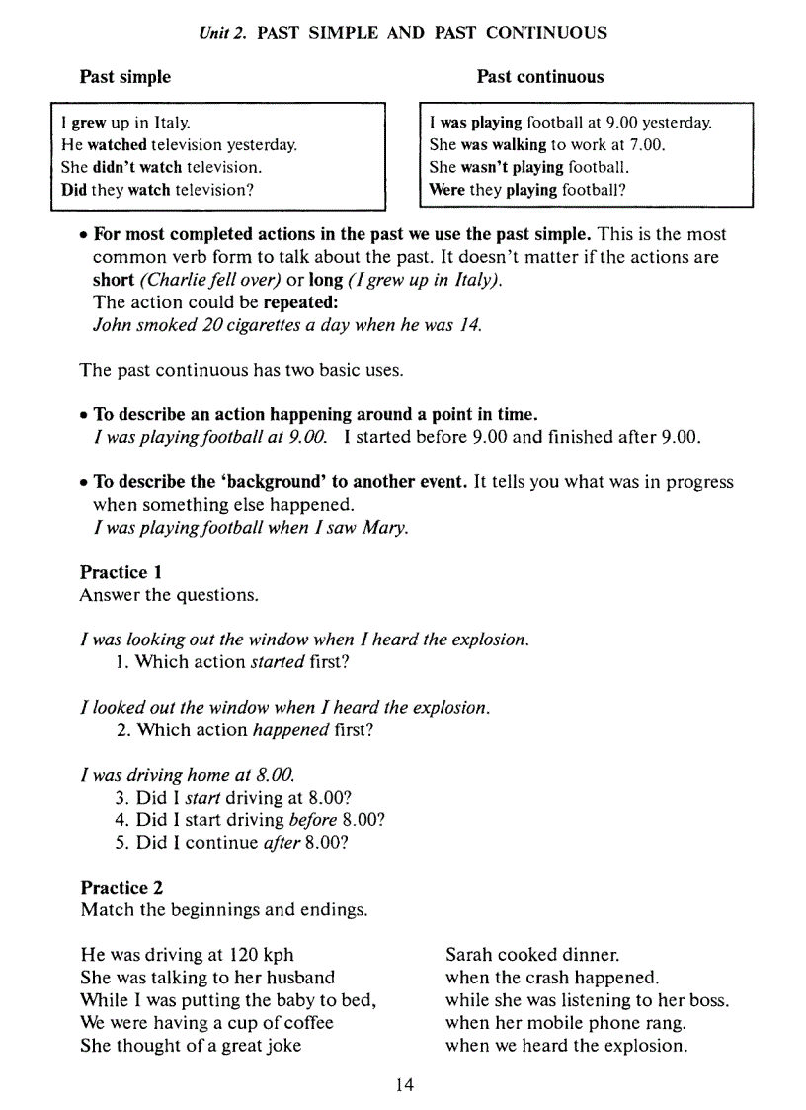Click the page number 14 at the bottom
click(x=404, y=1085)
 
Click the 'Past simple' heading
click(x=124, y=77)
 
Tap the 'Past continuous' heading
click(x=539, y=77)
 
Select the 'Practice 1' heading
click(x=121, y=572)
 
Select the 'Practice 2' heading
click(x=121, y=887)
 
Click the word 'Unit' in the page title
click(x=213, y=33)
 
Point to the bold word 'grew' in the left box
click(x=88, y=124)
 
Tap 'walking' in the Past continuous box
click(x=519, y=145)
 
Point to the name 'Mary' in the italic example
click(x=385, y=528)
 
